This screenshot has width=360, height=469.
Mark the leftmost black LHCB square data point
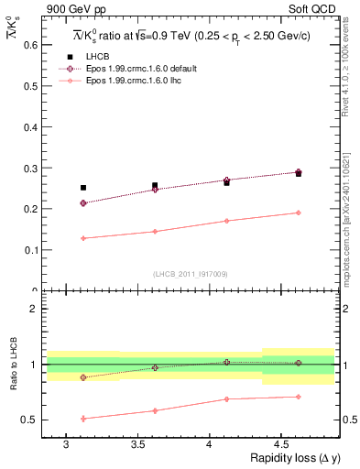(x=83, y=188)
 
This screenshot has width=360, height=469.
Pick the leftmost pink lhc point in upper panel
(x=83, y=238)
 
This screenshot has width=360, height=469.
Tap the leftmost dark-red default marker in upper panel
(x=83, y=202)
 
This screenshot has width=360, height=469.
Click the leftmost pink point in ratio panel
(x=83, y=419)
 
